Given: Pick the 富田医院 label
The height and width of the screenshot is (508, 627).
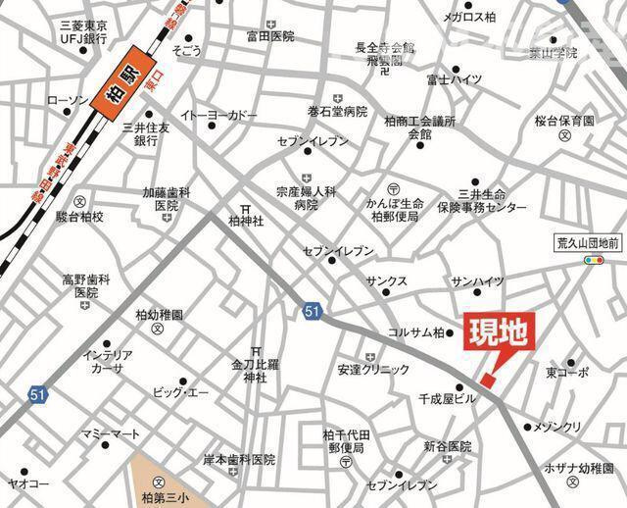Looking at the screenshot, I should (x=270, y=36).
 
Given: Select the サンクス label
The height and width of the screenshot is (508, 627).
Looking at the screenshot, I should (x=387, y=280).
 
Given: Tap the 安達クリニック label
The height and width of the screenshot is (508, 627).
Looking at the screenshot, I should (x=373, y=370).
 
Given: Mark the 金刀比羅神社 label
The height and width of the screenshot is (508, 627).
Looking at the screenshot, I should (x=256, y=370).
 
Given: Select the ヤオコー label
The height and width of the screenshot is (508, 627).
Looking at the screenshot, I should (x=29, y=483).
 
